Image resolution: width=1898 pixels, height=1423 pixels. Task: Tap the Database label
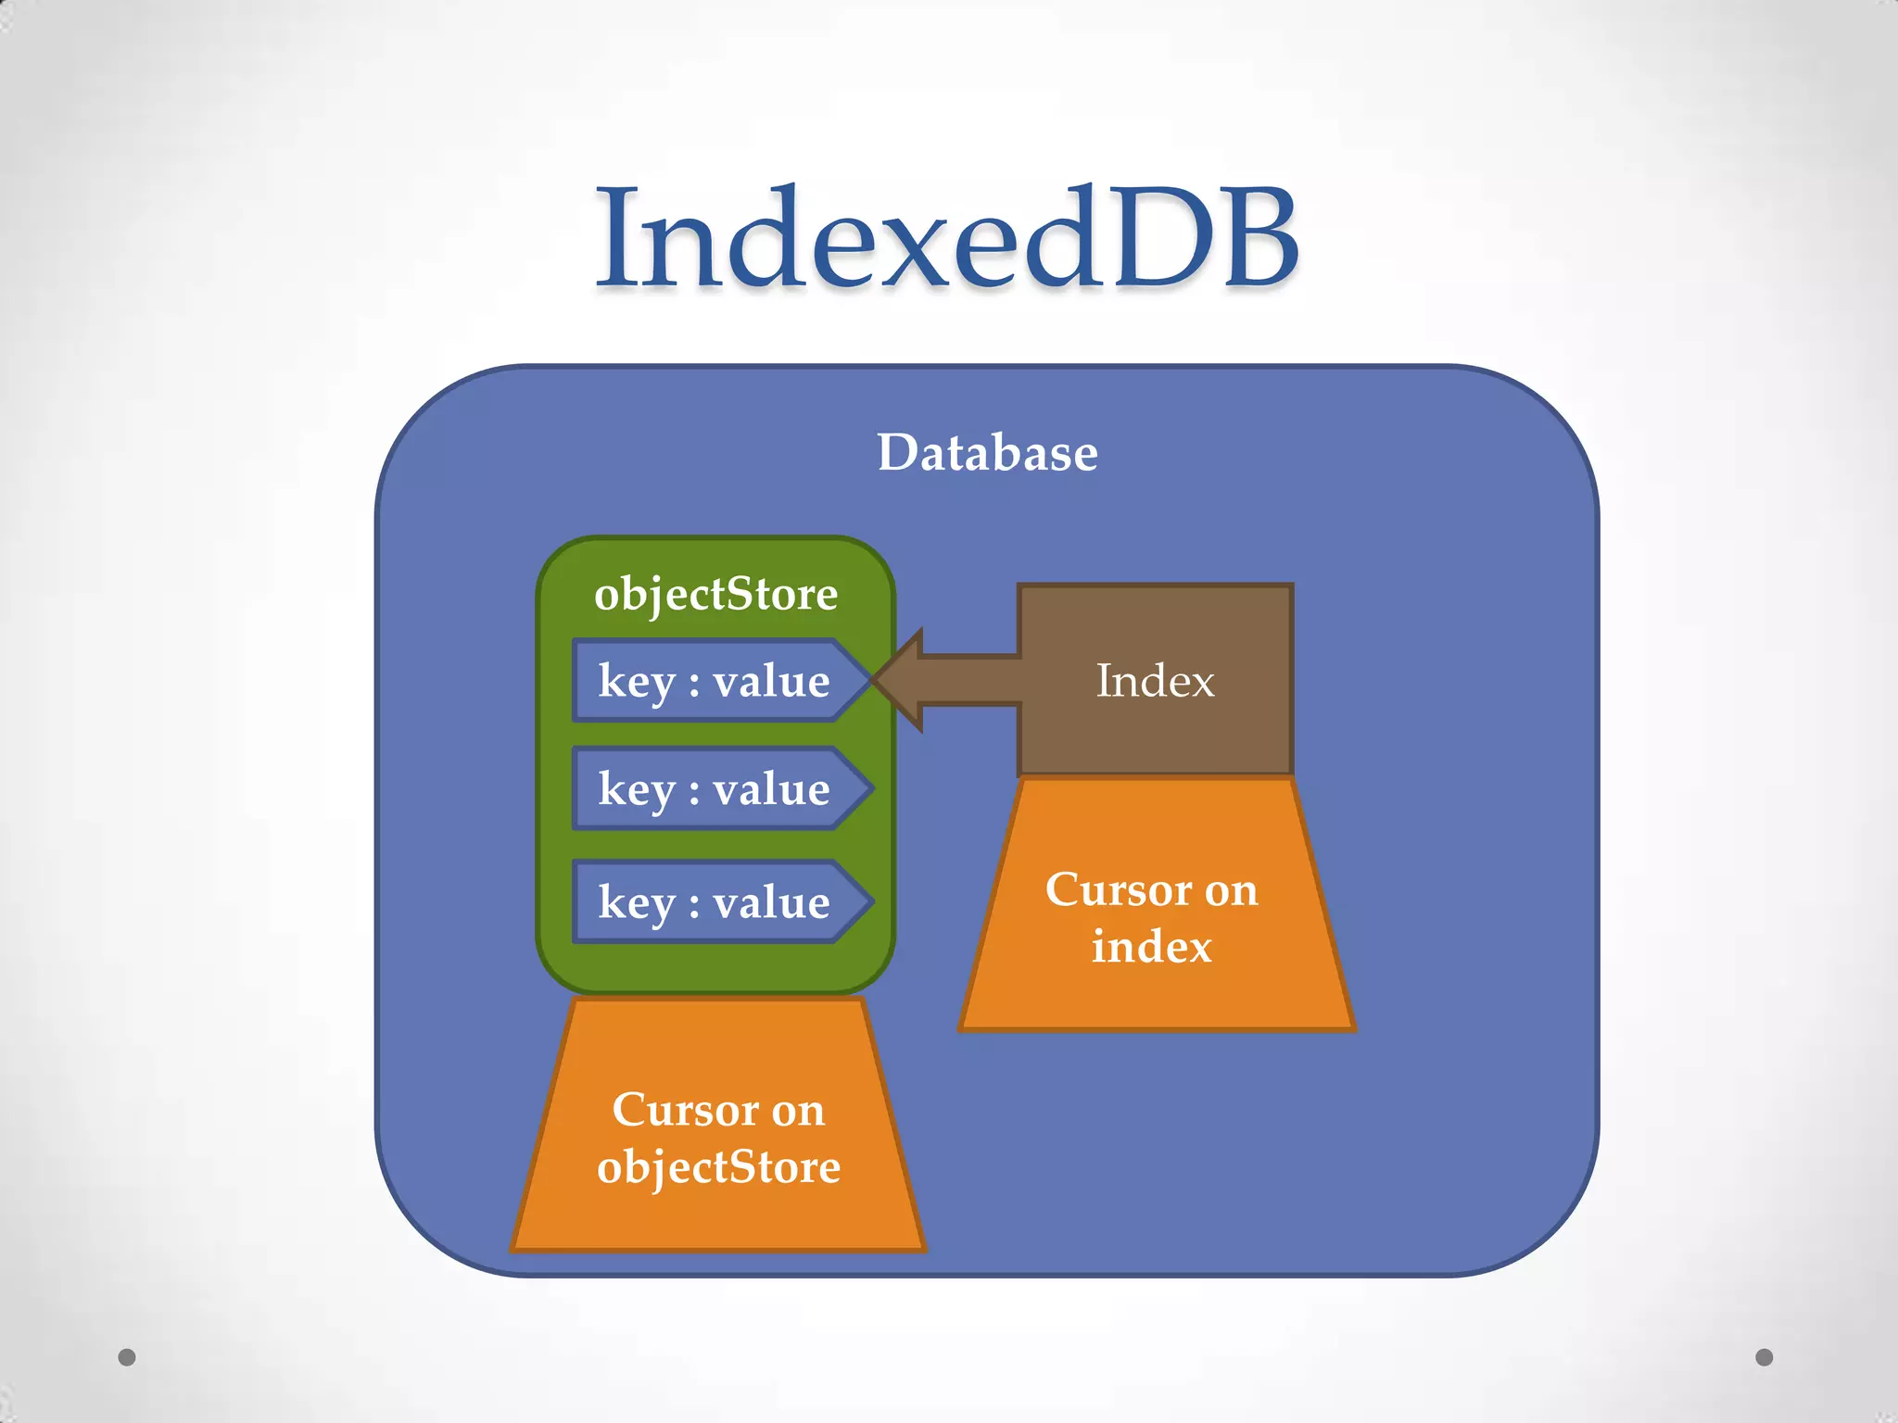(x=987, y=453)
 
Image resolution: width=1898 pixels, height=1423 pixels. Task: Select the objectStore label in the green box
(x=715, y=594)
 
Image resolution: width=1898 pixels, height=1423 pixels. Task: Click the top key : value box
(x=714, y=681)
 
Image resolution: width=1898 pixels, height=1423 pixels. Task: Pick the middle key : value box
(x=714, y=788)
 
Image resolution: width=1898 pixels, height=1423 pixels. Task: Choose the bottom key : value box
(x=714, y=902)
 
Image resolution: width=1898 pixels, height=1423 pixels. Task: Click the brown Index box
(x=1155, y=680)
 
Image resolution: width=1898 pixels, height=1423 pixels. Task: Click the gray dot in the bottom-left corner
(x=127, y=1357)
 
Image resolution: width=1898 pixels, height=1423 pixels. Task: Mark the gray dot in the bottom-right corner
(x=1765, y=1357)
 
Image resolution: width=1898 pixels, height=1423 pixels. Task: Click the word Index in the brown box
(x=1155, y=681)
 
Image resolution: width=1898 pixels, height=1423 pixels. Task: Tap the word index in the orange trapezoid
(x=1151, y=947)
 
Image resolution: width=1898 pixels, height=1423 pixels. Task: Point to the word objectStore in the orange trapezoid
(x=718, y=1166)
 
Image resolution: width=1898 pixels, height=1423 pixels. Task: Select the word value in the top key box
(x=771, y=681)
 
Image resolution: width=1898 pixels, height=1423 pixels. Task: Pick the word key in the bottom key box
(x=636, y=902)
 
